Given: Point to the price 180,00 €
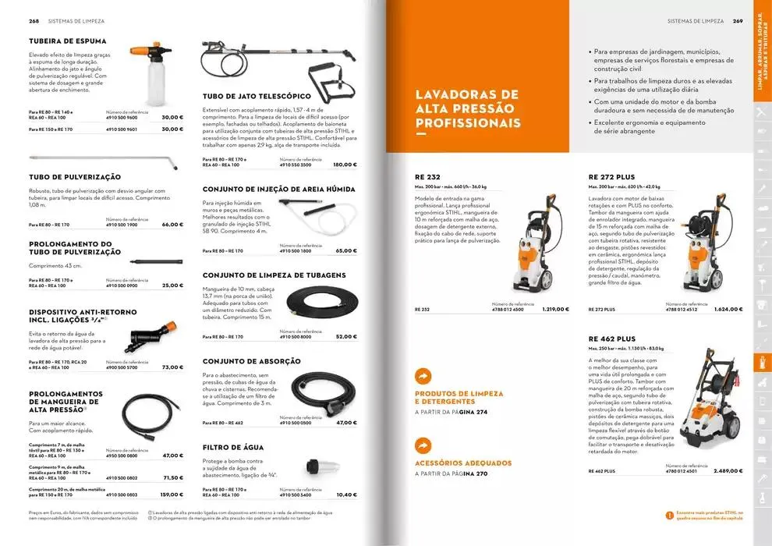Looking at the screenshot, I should tap(344, 165).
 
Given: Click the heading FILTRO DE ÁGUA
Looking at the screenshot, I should tap(233, 447).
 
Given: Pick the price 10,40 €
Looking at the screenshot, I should tap(346, 495).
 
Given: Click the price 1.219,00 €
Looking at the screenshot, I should tap(555, 309).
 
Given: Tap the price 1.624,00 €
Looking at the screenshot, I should tap(729, 309).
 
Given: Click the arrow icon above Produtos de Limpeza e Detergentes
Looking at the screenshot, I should tap(423, 377).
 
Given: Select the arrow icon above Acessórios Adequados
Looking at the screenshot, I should tap(423, 445).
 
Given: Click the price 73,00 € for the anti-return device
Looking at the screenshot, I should tap(172, 367).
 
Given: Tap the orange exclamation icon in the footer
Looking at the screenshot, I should tap(668, 514).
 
